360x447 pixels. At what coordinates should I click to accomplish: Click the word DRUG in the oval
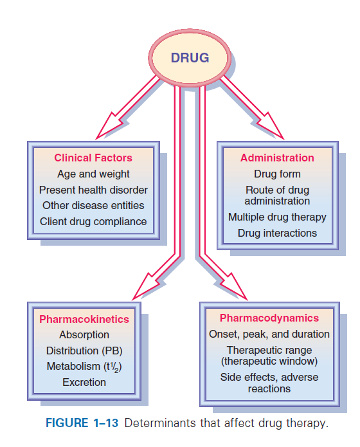coord(190,58)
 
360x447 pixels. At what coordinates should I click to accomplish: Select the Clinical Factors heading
coord(93,158)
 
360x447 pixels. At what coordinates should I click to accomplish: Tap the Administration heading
coord(277,158)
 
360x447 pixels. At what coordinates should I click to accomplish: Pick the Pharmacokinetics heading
coord(84,319)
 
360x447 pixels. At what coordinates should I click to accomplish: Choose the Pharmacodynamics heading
coord(269,318)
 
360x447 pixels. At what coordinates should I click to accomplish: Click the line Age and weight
coord(93,174)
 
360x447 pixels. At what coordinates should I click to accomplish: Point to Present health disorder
coord(93,190)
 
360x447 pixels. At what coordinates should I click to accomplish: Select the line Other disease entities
coord(93,206)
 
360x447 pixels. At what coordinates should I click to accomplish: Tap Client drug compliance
coord(93,222)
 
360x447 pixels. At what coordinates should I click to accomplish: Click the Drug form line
coord(277,174)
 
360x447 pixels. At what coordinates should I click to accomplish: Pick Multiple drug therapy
coord(277,217)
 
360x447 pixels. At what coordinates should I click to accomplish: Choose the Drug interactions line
coord(277,233)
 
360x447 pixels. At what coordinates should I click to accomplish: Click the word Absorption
coord(84,335)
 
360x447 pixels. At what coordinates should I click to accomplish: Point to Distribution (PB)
coord(84,351)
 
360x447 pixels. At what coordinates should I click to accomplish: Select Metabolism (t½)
coord(84,367)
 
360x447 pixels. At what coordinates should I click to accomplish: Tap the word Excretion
coord(84,382)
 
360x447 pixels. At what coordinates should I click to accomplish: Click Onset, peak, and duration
coord(269,334)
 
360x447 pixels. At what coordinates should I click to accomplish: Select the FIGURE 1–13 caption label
coord(82,423)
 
